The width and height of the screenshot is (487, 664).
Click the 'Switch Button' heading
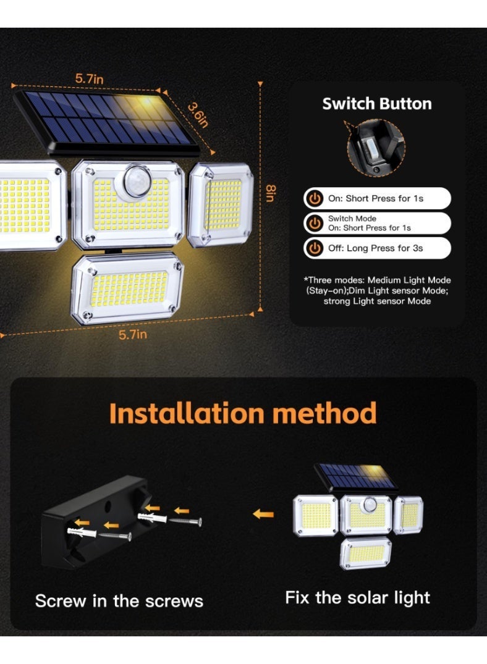click(377, 104)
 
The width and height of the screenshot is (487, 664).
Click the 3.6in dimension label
click(198, 114)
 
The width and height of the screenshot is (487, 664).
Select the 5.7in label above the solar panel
click(89, 79)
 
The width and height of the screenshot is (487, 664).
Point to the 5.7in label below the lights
click(133, 335)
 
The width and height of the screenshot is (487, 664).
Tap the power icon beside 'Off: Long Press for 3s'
click(315, 248)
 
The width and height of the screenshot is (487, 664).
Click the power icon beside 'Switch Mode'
click(315, 223)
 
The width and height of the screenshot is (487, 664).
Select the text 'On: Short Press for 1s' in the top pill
click(376, 198)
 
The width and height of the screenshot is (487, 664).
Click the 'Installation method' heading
click(243, 413)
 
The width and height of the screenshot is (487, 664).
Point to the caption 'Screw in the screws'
click(119, 601)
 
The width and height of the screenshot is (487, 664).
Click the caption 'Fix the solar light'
click(357, 597)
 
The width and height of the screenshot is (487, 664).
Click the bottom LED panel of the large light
click(127, 289)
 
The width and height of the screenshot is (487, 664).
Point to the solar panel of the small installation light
click(355, 476)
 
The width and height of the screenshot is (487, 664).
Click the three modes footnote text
click(377, 290)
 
